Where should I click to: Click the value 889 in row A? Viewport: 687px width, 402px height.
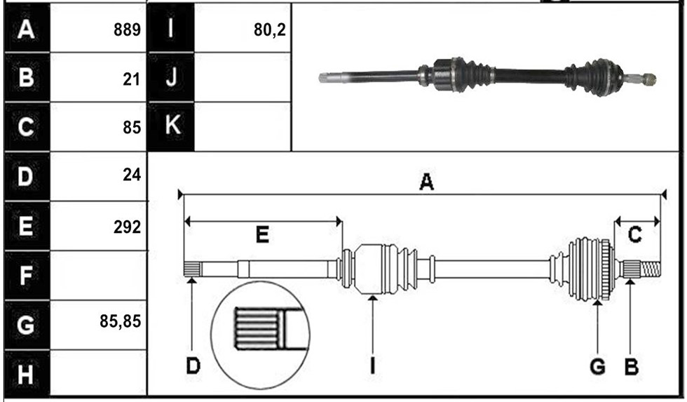coord(127,29)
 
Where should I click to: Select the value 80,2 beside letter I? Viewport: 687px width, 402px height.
coord(269,29)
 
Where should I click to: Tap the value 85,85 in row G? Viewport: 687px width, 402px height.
coord(120,321)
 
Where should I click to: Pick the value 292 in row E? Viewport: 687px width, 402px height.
coord(127,227)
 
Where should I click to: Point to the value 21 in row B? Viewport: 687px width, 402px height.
coord(131,79)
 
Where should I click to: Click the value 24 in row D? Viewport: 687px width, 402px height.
coord(132,175)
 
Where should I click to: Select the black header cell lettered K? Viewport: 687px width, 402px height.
coord(171,126)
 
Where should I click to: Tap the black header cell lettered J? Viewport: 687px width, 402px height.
coord(171,77)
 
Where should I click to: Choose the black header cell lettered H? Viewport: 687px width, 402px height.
coord(27,375)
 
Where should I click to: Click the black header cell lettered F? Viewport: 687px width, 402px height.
coord(27,276)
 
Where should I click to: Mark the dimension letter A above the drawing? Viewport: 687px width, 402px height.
coord(426,182)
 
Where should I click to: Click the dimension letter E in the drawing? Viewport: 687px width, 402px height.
coord(262,235)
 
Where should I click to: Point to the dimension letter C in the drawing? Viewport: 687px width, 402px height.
coord(634,235)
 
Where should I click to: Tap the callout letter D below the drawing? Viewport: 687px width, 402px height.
coord(193,366)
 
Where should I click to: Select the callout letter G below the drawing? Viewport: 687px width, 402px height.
coord(597,366)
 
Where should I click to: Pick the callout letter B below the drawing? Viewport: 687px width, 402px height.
coord(632,366)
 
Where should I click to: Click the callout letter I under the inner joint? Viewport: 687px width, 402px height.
coord(372,366)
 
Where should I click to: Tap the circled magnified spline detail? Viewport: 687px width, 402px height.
coord(260,335)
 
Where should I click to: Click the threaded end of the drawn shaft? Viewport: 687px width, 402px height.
coord(651,269)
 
